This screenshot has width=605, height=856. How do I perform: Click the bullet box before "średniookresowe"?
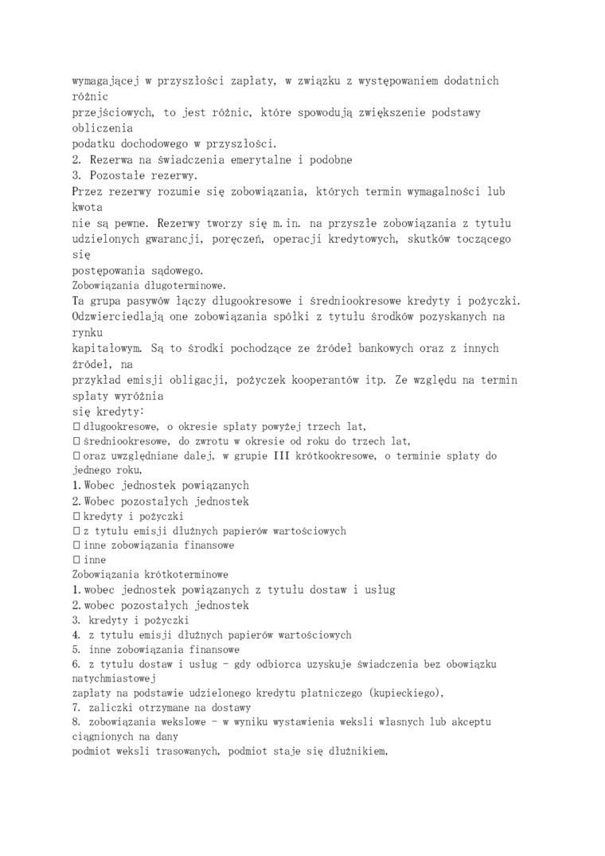pos(76,440)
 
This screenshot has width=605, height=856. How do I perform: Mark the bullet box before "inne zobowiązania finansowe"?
pos(76,545)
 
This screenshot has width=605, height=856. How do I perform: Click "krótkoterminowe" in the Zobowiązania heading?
pos(182,574)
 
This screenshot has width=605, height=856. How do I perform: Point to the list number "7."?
pos(76,708)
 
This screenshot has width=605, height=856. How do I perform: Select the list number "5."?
pos(76,649)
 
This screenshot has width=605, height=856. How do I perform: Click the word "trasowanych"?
pos(209,753)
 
